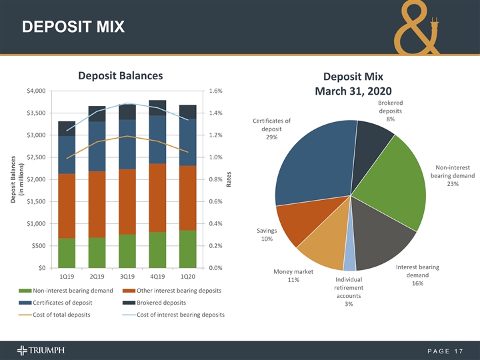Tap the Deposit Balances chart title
pyautogui.click(x=121, y=75)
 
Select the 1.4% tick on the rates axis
pyautogui.click(x=215, y=113)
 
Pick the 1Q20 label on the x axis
pyautogui.click(x=187, y=276)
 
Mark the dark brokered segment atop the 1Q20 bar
pyautogui.click(x=187, y=111)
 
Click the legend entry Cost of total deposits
pyautogui.click(x=61, y=314)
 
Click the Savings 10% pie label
pyautogui.click(x=266, y=235)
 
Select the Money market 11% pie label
pyautogui.click(x=293, y=275)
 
